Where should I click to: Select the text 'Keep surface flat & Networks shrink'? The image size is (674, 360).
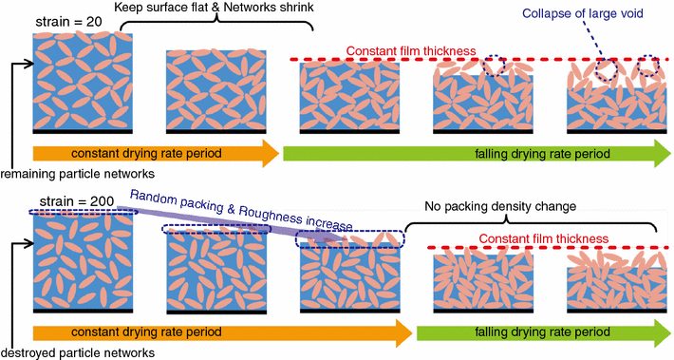[x=215, y=9]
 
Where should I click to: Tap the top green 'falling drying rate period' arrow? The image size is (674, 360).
[x=475, y=153]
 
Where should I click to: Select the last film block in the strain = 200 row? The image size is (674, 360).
[x=616, y=282]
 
